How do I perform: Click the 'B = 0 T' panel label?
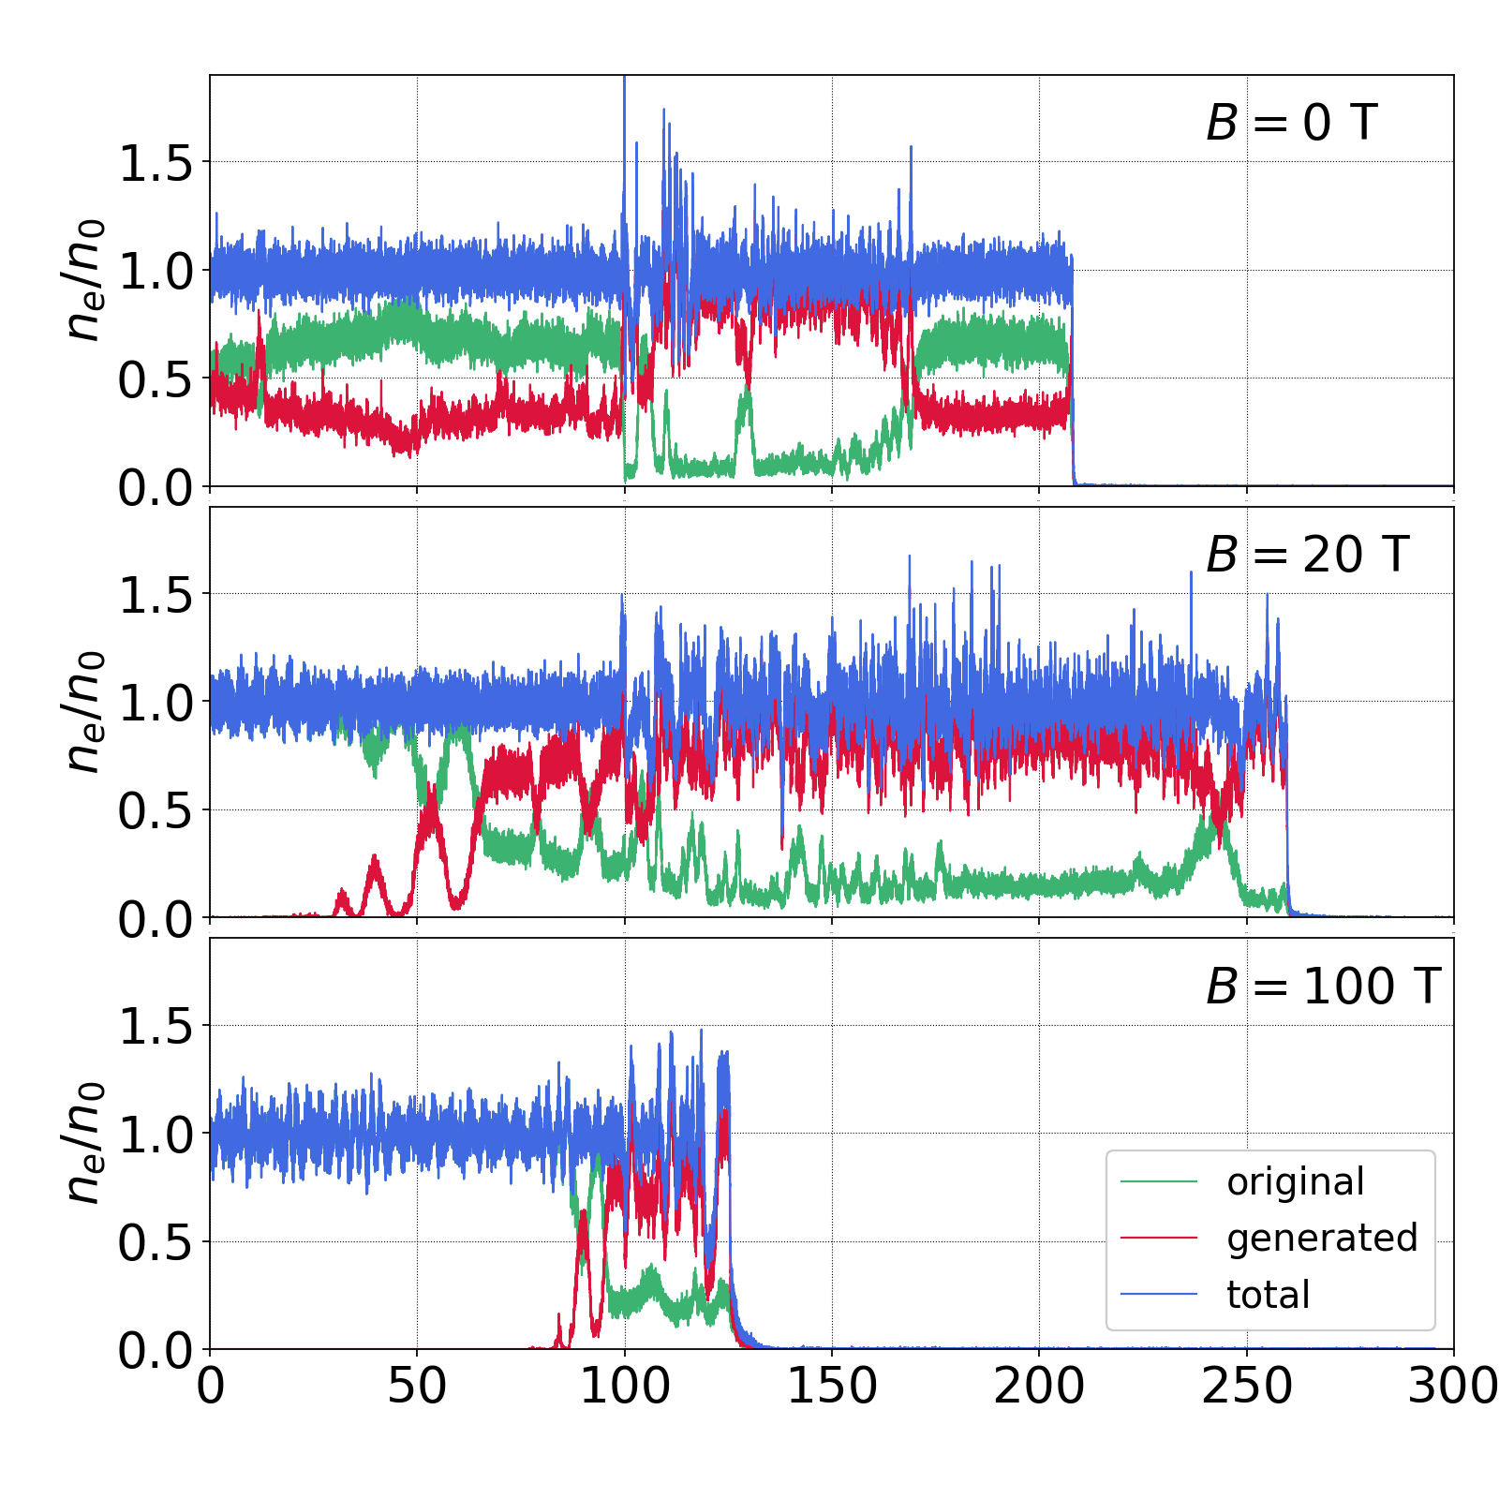(x=1291, y=123)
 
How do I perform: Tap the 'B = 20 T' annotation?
(x=1307, y=555)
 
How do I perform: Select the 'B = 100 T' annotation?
(x=1322, y=986)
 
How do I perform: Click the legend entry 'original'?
(x=1296, y=1182)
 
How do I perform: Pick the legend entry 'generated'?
(x=1322, y=1239)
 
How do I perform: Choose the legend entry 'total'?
(x=1268, y=1295)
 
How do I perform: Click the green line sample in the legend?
(x=1159, y=1182)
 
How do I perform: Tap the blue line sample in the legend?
(x=1159, y=1295)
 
